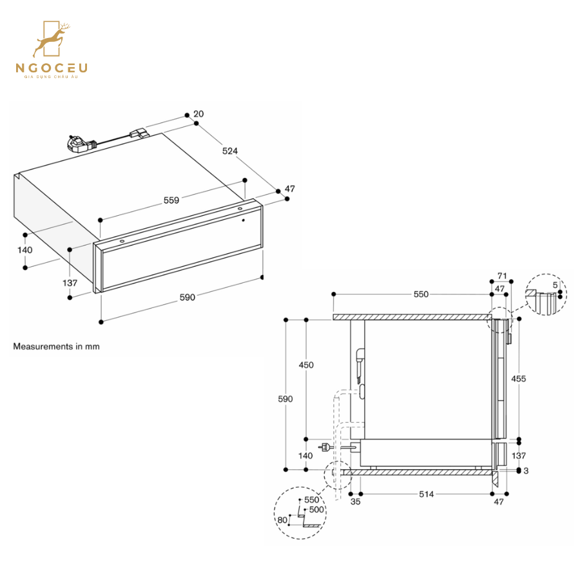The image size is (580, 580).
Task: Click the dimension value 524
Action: tap(230, 151)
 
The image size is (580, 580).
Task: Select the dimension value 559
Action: tap(171, 200)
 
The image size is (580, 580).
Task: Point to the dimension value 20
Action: tap(198, 114)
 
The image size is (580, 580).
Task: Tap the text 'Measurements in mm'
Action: tap(57, 346)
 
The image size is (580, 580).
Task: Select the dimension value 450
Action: tap(306, 365)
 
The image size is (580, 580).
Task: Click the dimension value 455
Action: tap(518, 378)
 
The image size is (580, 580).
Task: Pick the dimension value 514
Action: tap(426, 494)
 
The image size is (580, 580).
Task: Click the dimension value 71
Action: tap(503, 276)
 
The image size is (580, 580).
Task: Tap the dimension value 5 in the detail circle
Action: tap(555, 285)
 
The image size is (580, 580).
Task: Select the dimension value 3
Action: tap(526, 471)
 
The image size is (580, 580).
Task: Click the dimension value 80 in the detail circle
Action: tap(282, 519)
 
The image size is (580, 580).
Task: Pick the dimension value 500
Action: tap(316, 509)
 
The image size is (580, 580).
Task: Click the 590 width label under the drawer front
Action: tap(187, 297)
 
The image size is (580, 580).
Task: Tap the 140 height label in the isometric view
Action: tap(24, 250)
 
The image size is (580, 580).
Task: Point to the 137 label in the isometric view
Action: tap(70, 282)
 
